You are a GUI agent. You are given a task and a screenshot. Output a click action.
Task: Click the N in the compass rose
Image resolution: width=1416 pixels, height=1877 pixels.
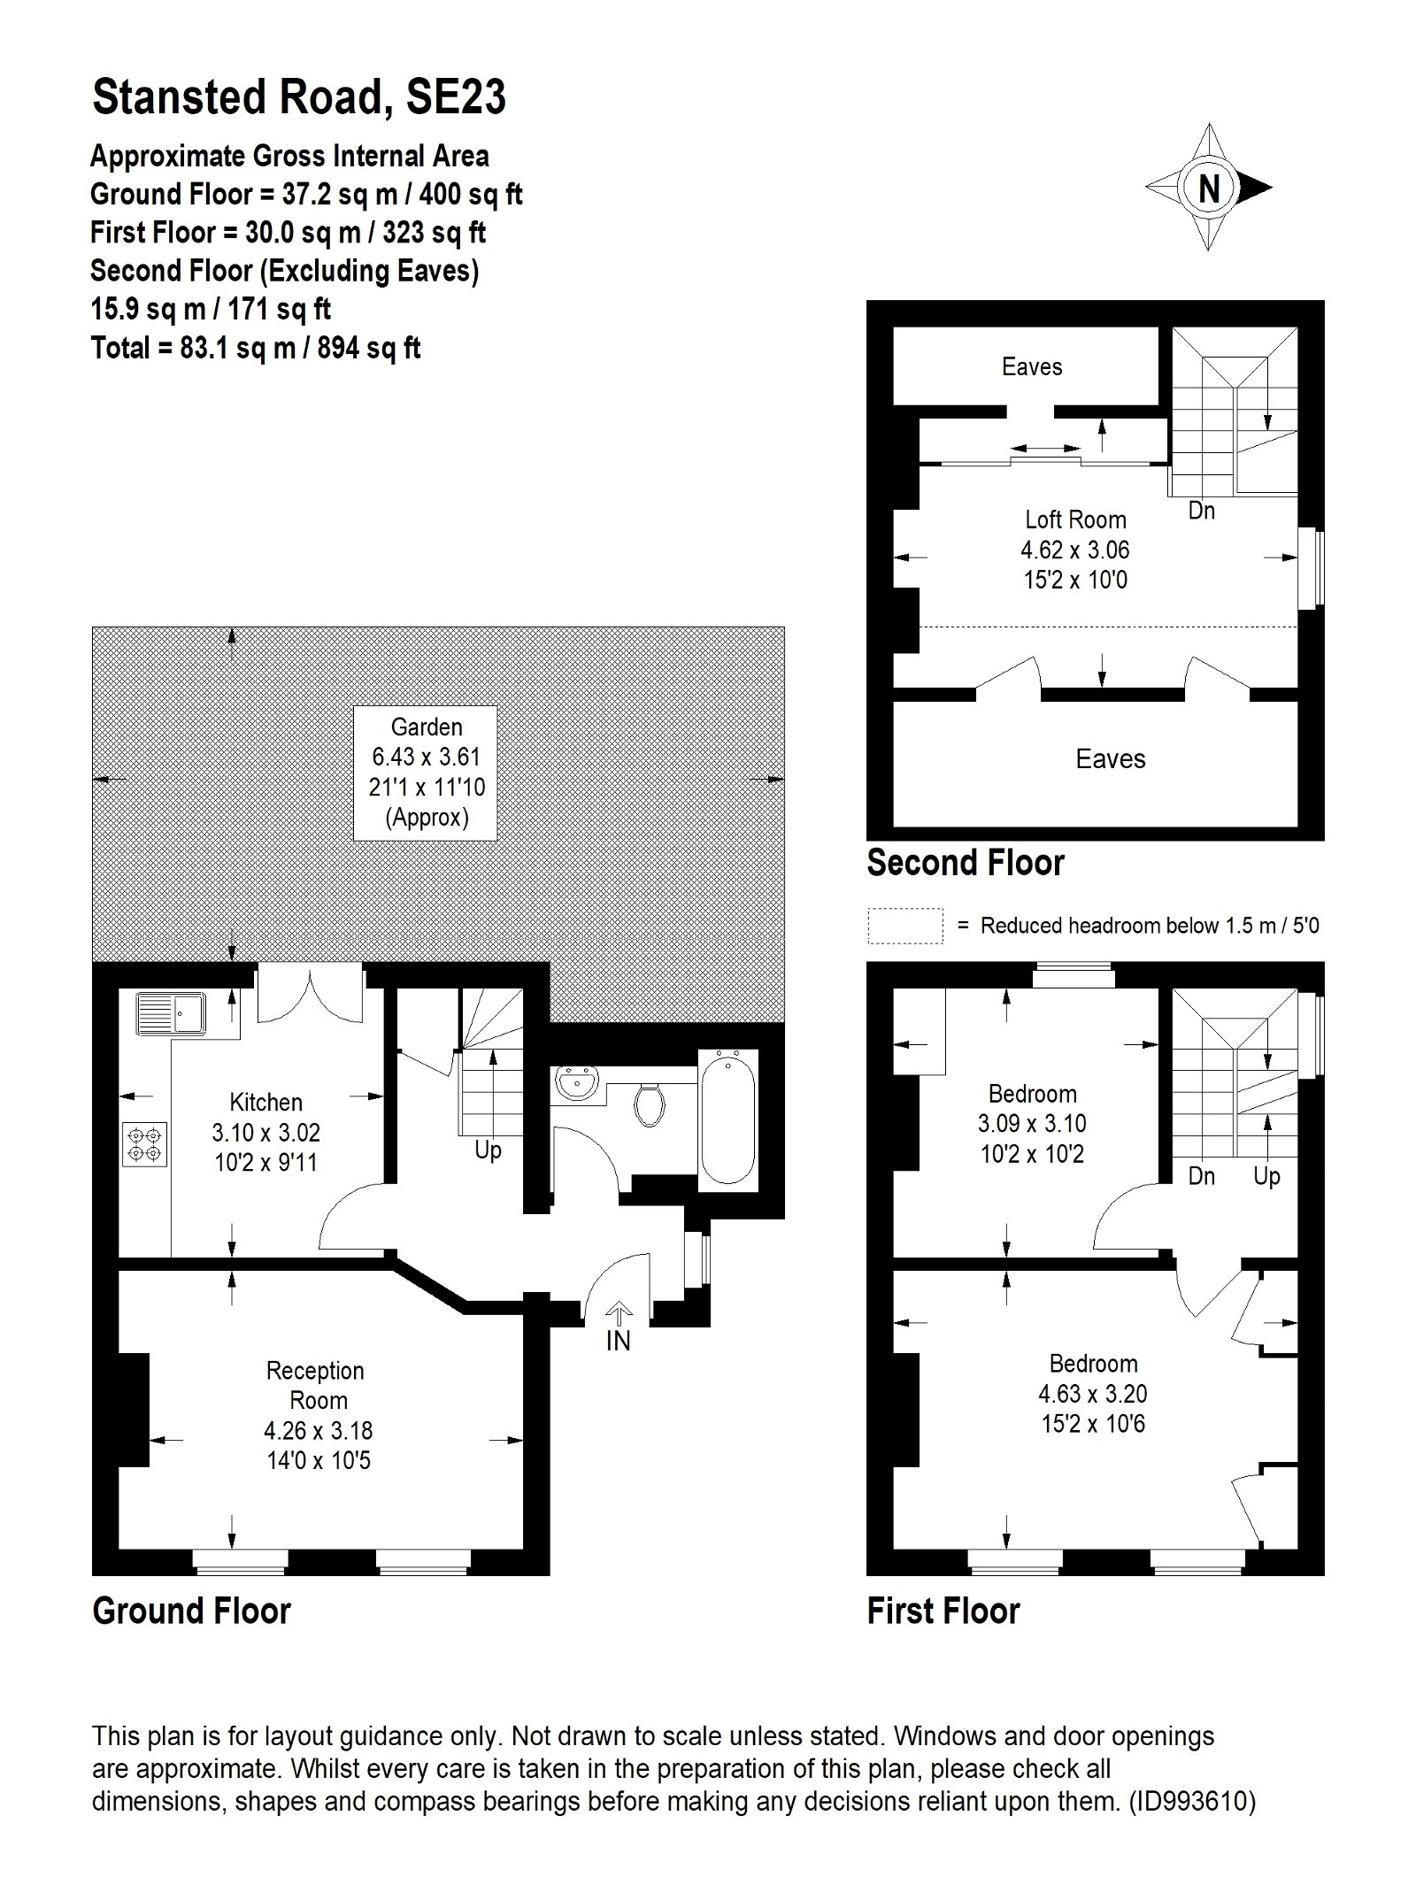coord(1209,188)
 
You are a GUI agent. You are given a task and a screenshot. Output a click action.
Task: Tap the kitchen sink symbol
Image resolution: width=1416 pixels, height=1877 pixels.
coord(171,1013)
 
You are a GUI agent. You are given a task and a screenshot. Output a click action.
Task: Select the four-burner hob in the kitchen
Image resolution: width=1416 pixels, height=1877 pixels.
coord(145,1142)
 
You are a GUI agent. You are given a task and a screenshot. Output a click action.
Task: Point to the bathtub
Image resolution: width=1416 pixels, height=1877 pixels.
coord(727,1118)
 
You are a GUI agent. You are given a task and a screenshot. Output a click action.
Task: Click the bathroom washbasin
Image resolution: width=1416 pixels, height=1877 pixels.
coord(579,1084)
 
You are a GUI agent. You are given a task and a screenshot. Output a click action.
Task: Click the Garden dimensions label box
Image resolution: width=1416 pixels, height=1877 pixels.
coord(426,773)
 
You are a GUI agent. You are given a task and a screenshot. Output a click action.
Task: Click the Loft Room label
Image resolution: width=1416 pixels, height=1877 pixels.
coord(1075,519)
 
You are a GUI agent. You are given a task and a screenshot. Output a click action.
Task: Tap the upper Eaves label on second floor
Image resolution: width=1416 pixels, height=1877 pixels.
coord(1032,366)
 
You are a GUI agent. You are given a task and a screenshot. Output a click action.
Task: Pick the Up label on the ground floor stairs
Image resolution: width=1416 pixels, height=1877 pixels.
coord(488,1150)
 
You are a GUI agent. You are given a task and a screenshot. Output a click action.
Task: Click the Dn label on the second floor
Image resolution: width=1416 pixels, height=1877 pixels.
coord(1201,511)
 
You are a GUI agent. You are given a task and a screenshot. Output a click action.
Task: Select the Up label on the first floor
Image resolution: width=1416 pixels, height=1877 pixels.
coord(1266,1176)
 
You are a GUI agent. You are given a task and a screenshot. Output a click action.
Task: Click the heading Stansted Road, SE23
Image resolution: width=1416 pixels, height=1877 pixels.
coord(299,97)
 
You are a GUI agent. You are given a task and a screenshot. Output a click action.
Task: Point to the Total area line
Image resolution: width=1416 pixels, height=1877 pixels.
coord(256,348)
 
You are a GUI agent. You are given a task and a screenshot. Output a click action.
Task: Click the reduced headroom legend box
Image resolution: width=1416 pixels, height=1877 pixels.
coord(904,926)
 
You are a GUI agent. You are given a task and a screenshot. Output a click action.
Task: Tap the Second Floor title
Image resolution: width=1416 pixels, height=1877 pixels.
coord(966,863)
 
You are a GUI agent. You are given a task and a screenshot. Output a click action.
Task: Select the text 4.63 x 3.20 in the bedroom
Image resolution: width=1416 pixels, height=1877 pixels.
coord(1092,1394)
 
